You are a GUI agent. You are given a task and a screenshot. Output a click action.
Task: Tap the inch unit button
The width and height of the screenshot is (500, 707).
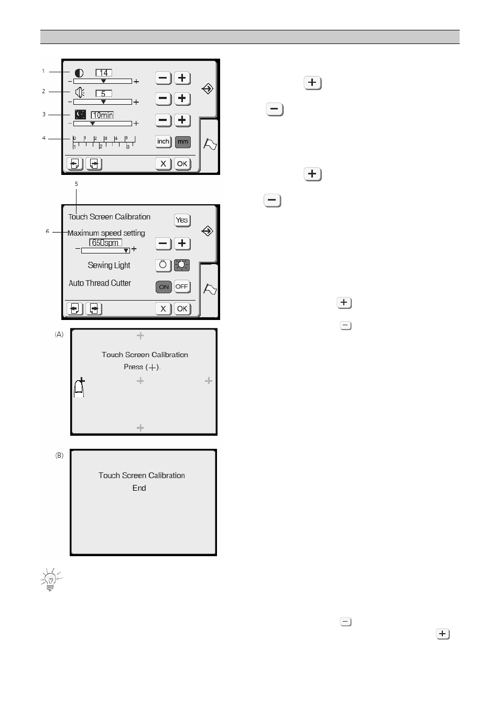(164, 141)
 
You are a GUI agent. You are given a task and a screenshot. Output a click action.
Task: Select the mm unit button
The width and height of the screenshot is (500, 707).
(182, 142)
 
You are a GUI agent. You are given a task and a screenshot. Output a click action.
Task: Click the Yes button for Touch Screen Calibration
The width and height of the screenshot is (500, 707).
(182, 220)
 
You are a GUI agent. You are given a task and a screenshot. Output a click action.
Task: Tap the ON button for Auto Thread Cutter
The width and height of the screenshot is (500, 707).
(164, 286)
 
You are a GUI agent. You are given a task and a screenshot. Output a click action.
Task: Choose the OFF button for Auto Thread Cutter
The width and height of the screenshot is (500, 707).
(182, 286)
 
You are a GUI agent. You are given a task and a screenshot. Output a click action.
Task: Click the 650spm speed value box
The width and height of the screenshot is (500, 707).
(105, 242)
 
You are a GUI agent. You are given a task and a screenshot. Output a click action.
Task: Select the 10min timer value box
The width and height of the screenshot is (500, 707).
(102, 115)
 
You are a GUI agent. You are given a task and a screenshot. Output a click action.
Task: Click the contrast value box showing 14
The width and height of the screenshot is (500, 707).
(104, 73)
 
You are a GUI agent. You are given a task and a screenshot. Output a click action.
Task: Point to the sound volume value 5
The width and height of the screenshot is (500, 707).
(104, 93)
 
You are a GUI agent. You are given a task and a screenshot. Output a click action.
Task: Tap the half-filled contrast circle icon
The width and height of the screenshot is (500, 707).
(79, 73)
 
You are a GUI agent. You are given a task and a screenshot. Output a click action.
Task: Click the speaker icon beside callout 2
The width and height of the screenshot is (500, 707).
(80, 93)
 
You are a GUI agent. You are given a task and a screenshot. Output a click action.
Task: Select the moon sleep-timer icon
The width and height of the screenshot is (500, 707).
(80, 114)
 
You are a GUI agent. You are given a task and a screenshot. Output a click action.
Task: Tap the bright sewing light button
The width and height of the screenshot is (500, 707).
(182, 265)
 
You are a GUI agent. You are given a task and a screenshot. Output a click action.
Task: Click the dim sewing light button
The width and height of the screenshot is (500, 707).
(164, 265)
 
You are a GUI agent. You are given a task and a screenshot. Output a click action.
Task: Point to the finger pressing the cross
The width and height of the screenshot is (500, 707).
(79, 387)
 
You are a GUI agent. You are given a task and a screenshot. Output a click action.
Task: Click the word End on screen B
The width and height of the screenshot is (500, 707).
(139, 488)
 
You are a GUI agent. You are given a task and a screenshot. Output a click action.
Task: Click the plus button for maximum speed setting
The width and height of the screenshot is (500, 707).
(182, 244)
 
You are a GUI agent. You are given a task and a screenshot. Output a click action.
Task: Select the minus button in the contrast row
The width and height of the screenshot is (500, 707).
(164, 78)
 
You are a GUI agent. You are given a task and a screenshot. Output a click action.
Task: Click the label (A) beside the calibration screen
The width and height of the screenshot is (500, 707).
(59, 334)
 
